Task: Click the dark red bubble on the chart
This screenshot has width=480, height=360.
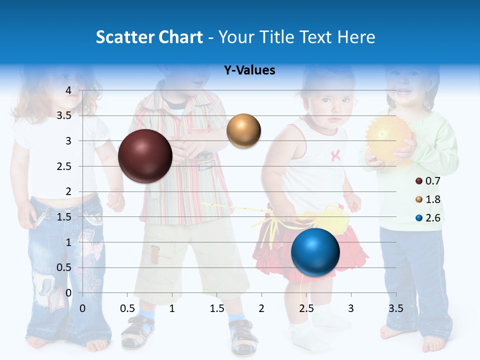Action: pyautogui.click(x=145, y=156)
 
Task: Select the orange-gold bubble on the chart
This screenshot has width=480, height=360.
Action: pyautogui.click(x=243, y=130)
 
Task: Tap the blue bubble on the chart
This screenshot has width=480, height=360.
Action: pyautogui.click(x=315, y=252)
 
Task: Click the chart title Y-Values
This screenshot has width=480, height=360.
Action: pyautogui.click(x=249, y=70)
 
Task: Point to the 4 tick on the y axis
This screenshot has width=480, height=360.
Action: pyautogui.click(x=68, y=90)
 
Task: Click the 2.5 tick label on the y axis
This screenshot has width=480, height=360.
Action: pyautogui.click(x=64, y=166)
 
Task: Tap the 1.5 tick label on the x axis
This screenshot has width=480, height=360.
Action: pyautogui.click(x=217, y=308)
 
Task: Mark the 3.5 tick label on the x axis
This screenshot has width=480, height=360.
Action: pyautogui.click(x=395, y=308)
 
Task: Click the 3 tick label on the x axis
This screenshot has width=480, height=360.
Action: pyautogui.click(x=351, y=308)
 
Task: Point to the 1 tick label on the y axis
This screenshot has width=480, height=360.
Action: pyautogui.click(x=68, y=242)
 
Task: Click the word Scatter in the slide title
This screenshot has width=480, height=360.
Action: pyautogui.click(x=125, y=37)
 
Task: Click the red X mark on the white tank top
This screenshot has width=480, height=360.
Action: pyautogui.click(x=335, y=155)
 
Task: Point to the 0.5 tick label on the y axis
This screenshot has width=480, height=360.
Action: pyautogui.click(x=64, y=267)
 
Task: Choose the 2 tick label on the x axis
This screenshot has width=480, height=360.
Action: pyautogui.click(x=261, y=308)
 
